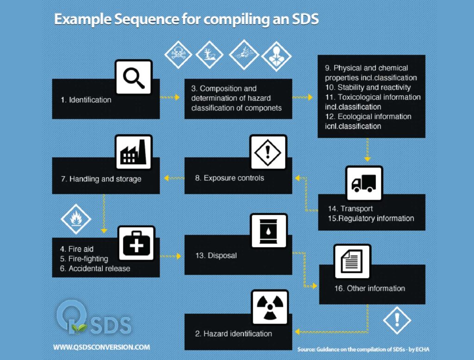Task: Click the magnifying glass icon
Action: (x=134, y=77)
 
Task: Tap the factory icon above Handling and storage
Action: (x=133, y=153)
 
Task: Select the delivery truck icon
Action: (x=364, y=184)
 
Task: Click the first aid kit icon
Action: (x=137, y=244)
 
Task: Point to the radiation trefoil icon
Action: (x=269, y=307)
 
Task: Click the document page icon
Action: (x=352, y=262)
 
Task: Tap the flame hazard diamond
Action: (x=73, y=218)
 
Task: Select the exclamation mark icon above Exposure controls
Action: (x=268, y=152)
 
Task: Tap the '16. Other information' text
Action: (x=369, y=288)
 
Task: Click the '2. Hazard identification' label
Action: (x=233, y=334)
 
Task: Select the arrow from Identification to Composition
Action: (x=170, y=97)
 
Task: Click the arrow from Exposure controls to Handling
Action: (x=172, y=178)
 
